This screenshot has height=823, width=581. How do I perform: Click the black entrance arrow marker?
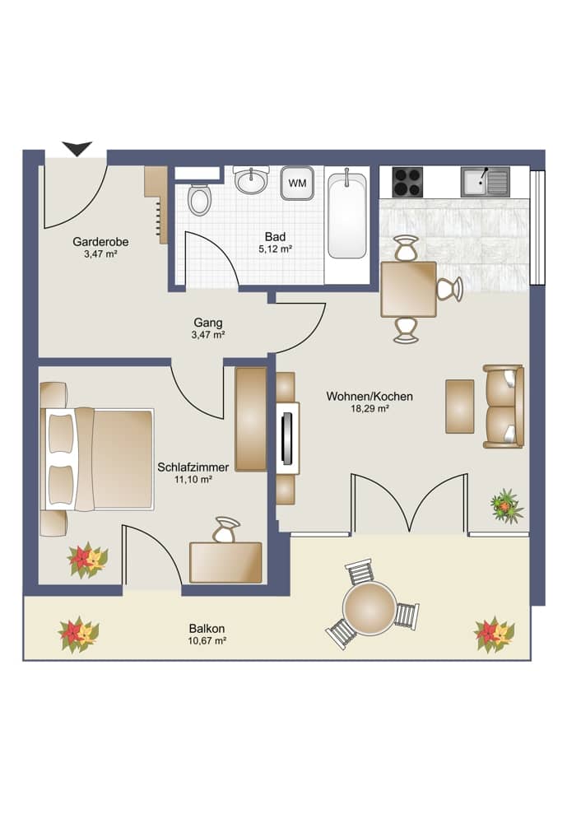[x=77, y=148]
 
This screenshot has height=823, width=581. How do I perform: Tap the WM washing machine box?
[x=297, y=184]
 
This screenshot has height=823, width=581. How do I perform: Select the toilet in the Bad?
[x=198, y=199]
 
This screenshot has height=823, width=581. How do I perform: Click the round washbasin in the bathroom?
[x=250, y=180]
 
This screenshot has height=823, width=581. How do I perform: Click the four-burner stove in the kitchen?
[x=407, y=181]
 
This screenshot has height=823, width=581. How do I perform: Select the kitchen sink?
[x=485, y=181]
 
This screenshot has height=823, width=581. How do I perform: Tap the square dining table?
[x=408, y=289]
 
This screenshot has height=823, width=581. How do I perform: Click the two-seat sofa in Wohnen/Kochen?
[x=504, y=407]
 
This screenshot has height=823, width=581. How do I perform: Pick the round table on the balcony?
[x=370, y=607]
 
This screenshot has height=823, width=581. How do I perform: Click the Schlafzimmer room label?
[x=193, y=467]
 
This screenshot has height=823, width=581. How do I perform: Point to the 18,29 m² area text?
[x=370, y=408]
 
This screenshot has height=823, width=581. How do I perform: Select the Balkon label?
[x=207, y=629]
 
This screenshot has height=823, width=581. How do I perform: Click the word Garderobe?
[x=100, y=242]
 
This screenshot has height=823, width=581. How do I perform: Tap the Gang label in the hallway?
[x=208, y=323]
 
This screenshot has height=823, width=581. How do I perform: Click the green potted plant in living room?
[x=505, y=505]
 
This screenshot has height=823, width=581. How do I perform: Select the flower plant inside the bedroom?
[x=86, y=560]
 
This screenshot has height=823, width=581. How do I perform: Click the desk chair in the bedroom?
[x=226, y=529]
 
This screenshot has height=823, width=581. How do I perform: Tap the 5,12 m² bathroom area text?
[x=276, y=249]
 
